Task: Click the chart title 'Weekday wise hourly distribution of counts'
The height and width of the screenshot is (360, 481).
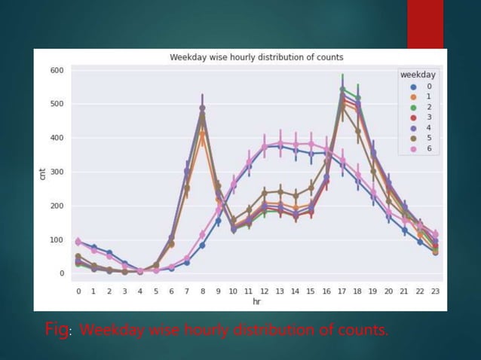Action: tap(256, 57)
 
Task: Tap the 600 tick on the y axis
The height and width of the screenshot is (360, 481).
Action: tap(57, 71)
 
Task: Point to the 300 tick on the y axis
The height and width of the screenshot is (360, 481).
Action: tap(57, 172)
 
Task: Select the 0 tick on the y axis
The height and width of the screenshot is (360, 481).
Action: tap(61, 274)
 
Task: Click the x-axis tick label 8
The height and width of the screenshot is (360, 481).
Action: tap(202, 291)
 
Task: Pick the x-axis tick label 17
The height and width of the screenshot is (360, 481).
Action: tap(342, 291)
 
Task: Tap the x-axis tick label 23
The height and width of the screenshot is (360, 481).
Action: tap(435, 291)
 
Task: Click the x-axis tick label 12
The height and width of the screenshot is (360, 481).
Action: tap(265, 291)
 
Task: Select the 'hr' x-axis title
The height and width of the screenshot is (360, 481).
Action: tap(256, 301)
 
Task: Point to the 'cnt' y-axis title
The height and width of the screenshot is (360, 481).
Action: tap(42, 174)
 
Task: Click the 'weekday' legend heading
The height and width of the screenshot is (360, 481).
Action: tap(417, 75)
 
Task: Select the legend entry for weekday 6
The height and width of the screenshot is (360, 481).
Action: tap(420, 148)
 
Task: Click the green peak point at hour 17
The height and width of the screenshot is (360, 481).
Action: tap(342, 89)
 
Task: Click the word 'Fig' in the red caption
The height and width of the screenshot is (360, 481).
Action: tap(57, 330)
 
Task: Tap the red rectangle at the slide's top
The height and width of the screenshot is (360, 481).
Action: tap(425, 24)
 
